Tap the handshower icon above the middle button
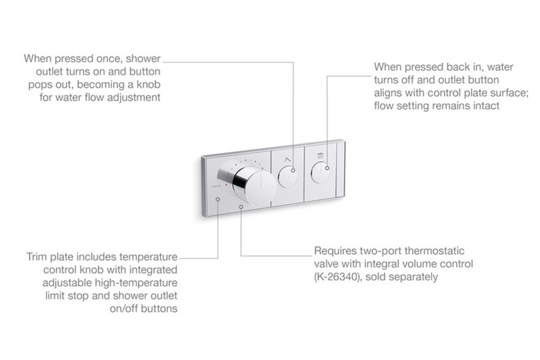286,160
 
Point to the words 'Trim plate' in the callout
50,257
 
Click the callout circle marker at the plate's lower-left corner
218,200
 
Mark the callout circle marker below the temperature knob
241,208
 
